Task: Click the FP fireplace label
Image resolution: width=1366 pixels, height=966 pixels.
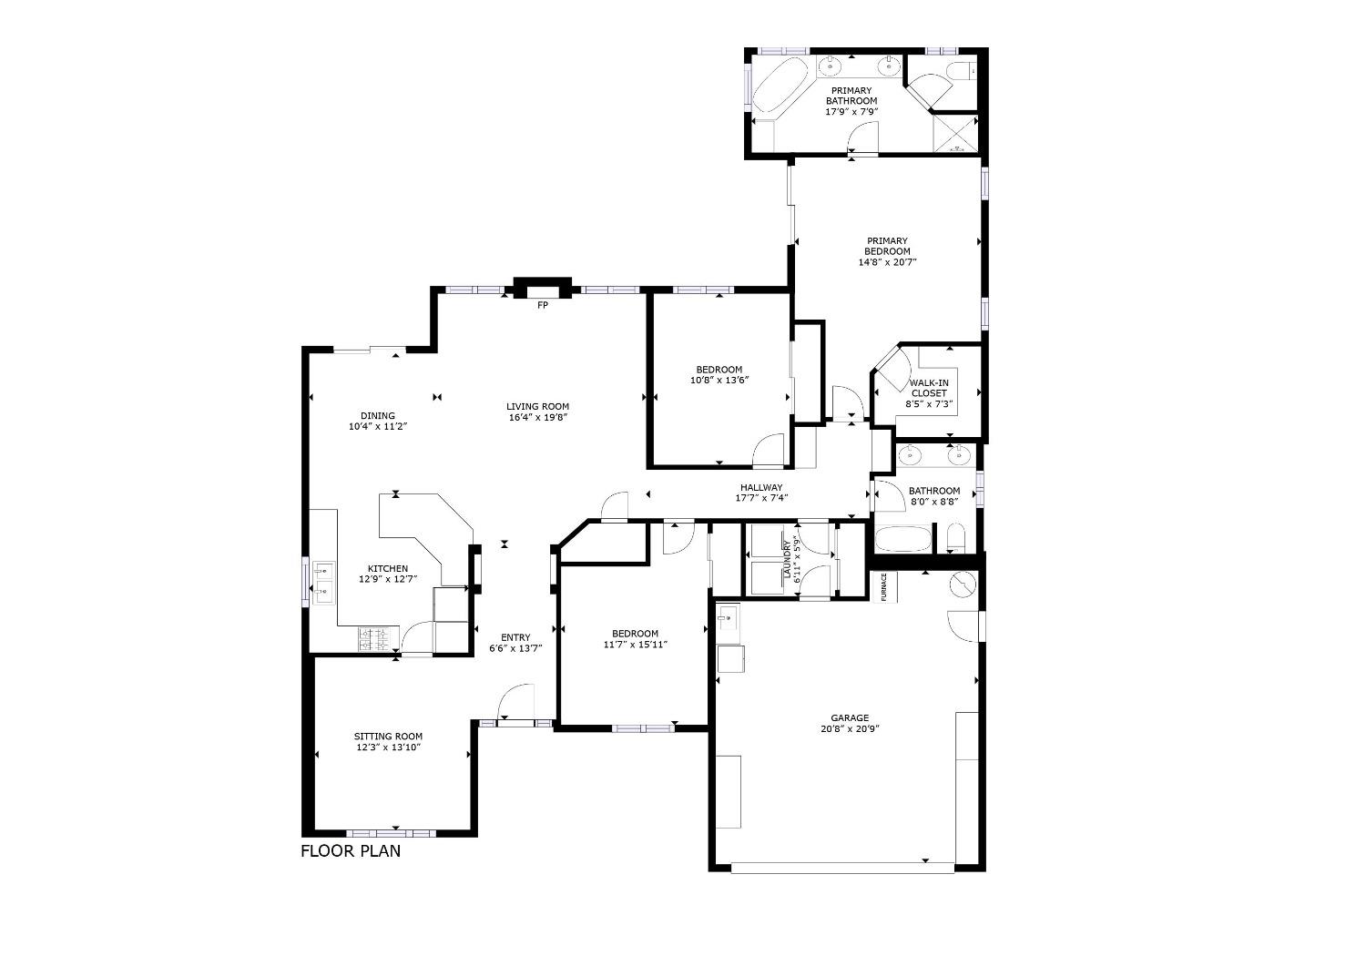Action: point(543,305)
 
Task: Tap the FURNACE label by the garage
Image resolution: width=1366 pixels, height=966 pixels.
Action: point(884,587)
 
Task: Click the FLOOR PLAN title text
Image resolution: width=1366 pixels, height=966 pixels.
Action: point(351,852)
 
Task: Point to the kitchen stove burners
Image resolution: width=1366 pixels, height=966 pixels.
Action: point(378,639)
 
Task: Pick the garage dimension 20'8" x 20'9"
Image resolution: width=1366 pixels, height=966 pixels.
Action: point(850,728)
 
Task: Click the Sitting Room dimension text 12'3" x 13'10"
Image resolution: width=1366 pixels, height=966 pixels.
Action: point(389,747)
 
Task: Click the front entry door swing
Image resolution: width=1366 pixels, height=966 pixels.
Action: point(516,705)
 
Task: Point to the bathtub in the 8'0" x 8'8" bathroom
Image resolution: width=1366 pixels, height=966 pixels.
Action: point(903,539)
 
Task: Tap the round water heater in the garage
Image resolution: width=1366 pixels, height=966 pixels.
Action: point(963,584)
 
